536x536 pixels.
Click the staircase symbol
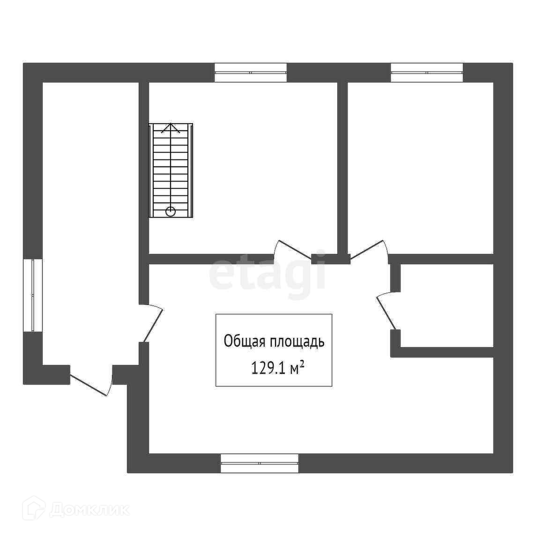[x=171, y=171]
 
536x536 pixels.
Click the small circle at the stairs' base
[x=171, y=212]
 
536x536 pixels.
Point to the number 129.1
[x=268, y=368]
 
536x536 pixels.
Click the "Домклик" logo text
[x=89, y=510]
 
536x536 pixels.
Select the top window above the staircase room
[x=251, y=73]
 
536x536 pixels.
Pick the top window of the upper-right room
[x=427, y=73]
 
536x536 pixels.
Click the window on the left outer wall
[x=33, y=296]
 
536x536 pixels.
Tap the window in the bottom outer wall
[x=260, y=463]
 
